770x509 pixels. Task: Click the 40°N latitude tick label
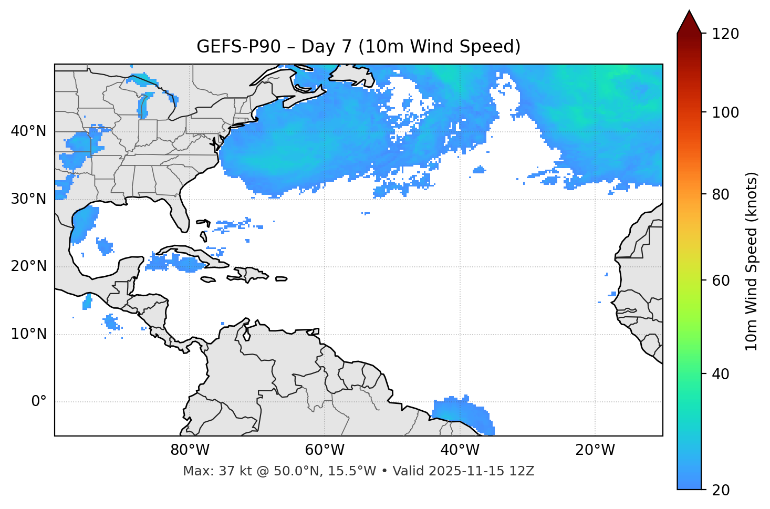click(x=28, y=131)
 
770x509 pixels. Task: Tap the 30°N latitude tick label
click(x=28, y=199)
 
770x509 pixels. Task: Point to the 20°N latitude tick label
click(x=28, y=266)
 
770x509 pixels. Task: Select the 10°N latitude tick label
click(x=28, y=334)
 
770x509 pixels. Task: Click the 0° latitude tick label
click(x=39, y=402)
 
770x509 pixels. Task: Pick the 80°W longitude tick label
click(x=190, y=450)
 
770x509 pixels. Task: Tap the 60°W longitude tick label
click(x=325, y=450)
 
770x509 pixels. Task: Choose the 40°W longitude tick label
click(x=460, y=450)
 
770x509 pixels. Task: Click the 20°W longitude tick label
click(x=595, y=450)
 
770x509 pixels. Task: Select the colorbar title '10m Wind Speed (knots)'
click(x=752, y=261)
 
